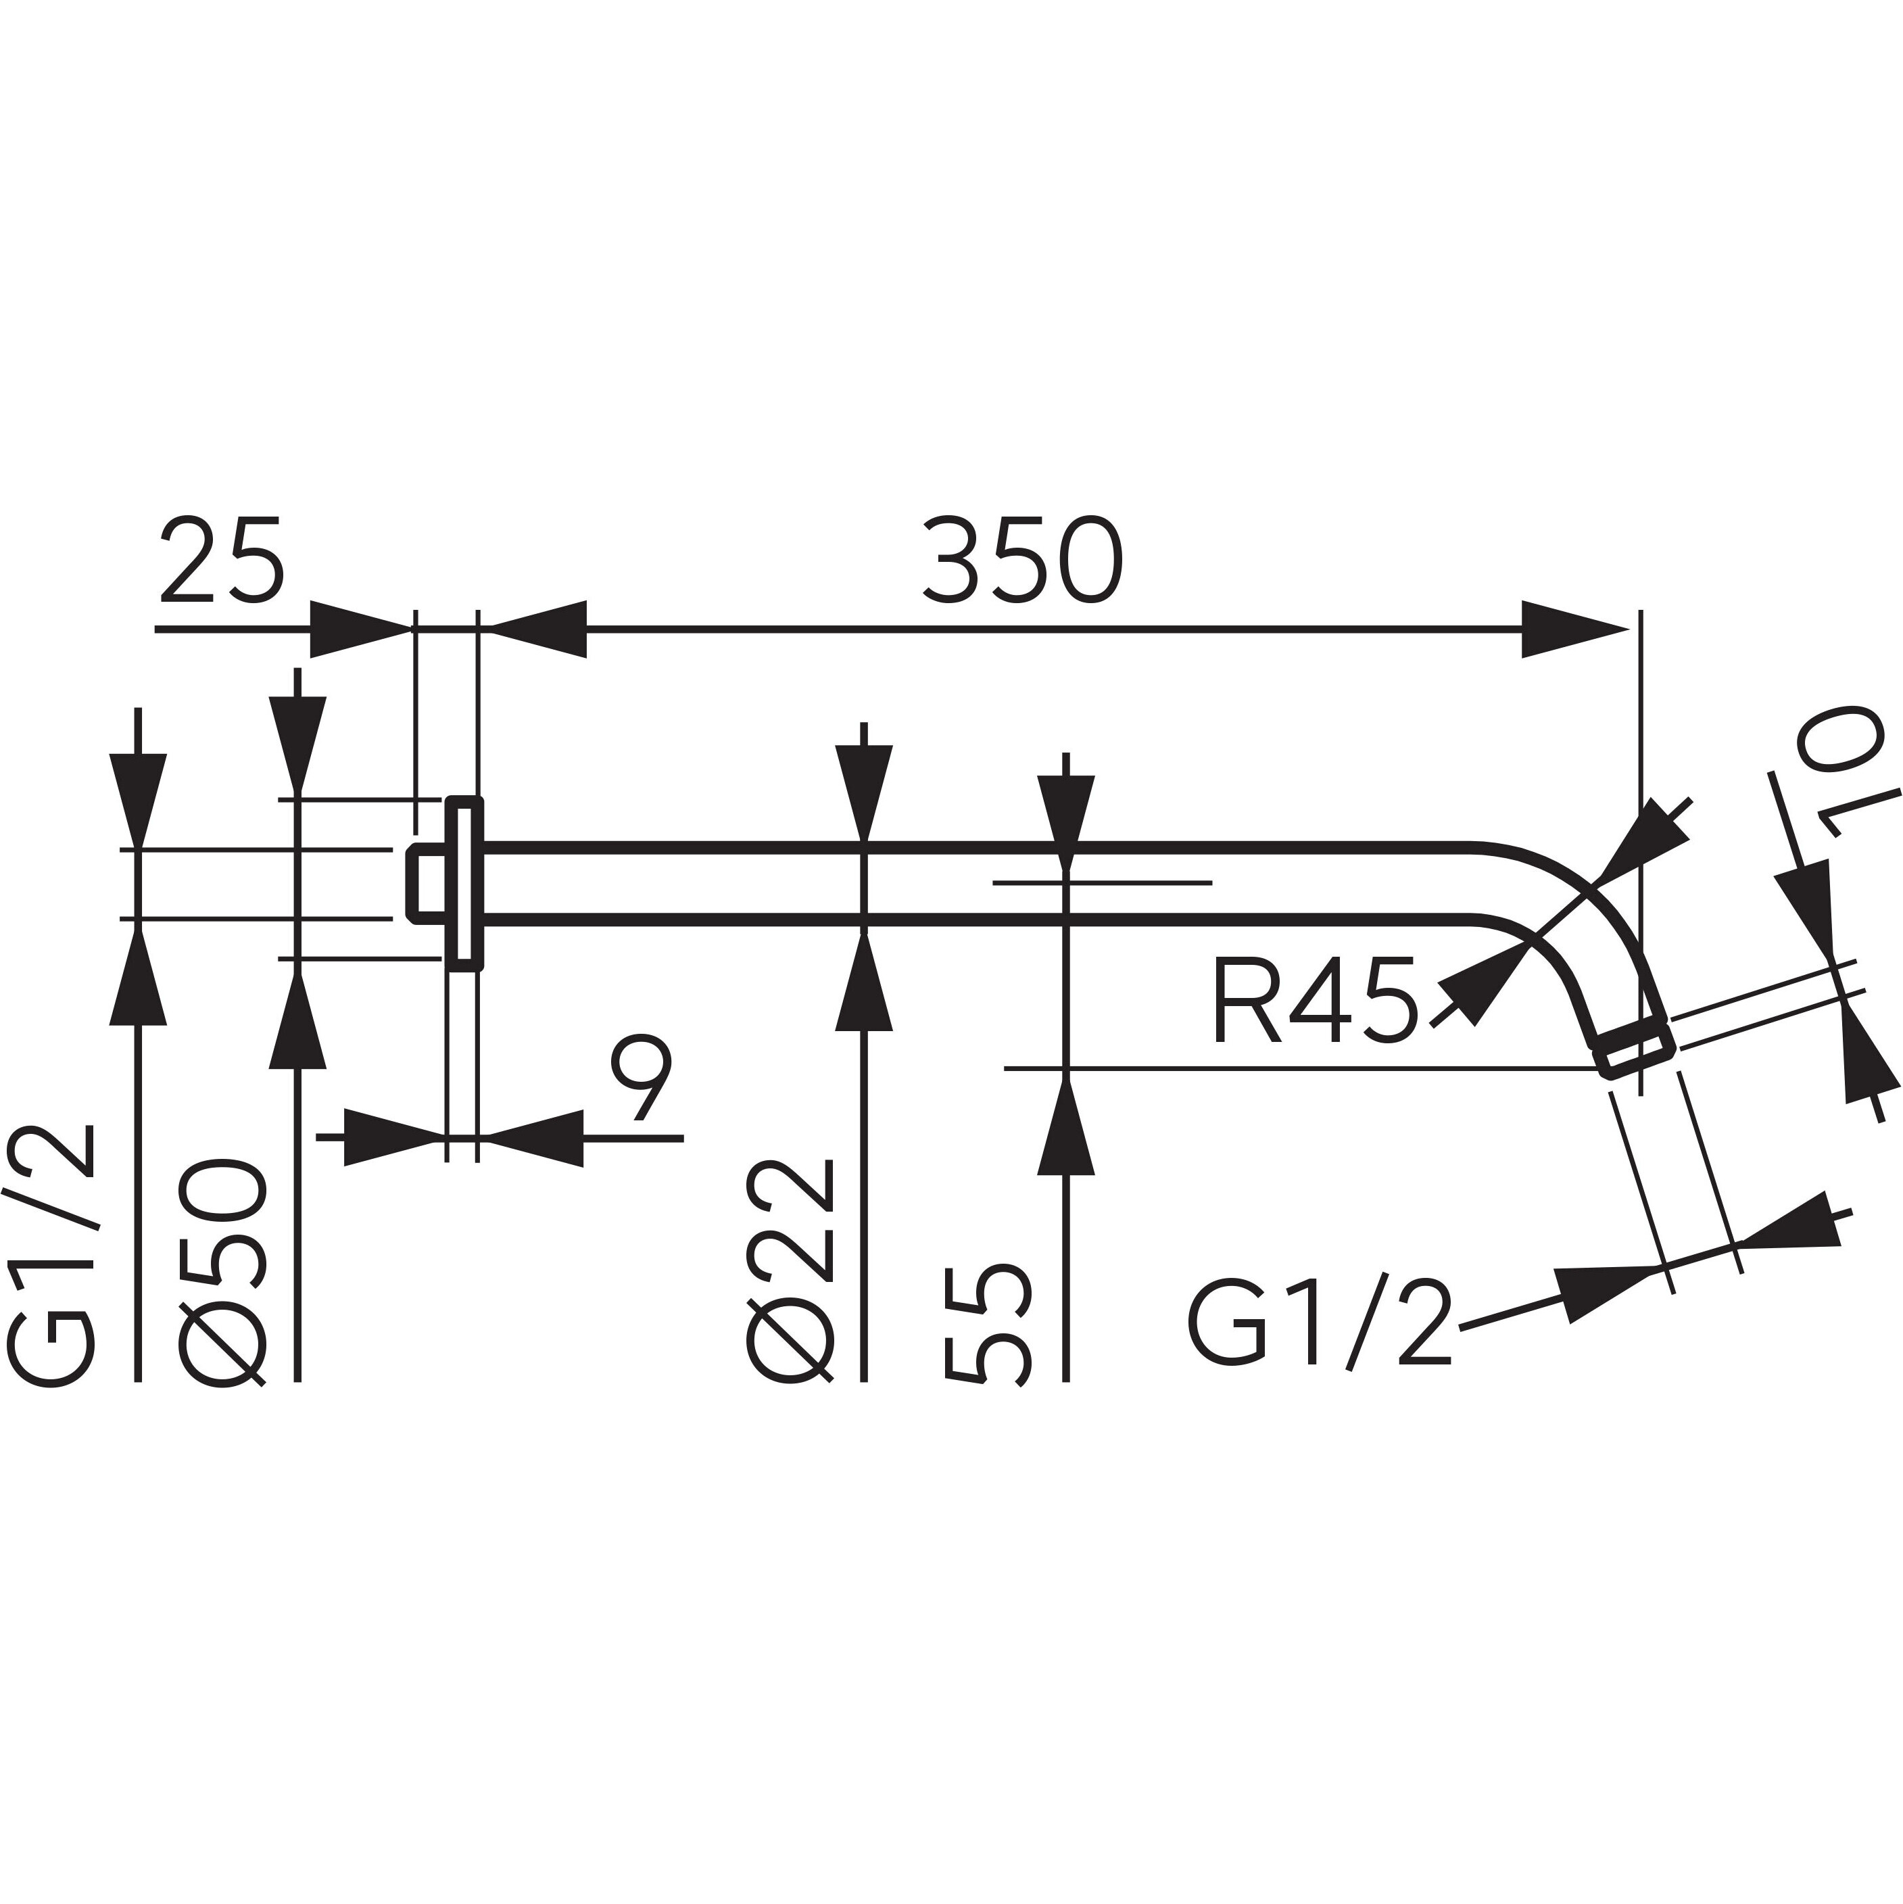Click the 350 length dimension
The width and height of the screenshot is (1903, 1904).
[x=1023, y=560]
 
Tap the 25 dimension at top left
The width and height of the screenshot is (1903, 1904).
[x=222, y=560]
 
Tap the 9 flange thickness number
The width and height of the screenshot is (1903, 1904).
[x=641, y=1077]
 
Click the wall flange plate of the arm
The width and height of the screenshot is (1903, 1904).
[x=464, y=883]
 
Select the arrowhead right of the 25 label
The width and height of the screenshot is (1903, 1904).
[x=360, y=629]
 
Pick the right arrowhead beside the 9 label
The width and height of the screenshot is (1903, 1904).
[x=533, y=1138]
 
